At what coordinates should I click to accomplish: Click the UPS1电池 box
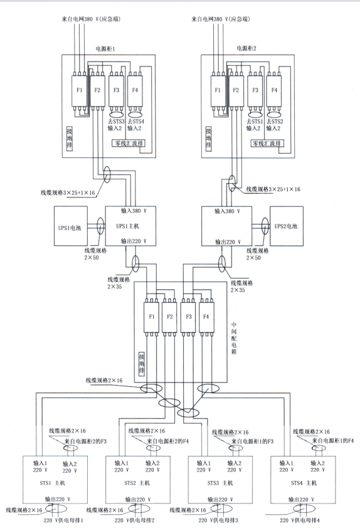(71, 226)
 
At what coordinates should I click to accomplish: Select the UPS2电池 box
(286, 226)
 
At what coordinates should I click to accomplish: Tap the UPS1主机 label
(128, 226)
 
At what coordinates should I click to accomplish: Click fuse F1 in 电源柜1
(79, 90)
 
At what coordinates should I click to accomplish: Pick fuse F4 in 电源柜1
(135, 90)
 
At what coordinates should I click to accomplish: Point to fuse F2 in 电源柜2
(236, 90)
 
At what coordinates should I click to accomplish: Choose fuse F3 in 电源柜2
(255, 90)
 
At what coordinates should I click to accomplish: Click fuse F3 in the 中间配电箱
(189, 317)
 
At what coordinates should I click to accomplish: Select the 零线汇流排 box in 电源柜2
(267, 144)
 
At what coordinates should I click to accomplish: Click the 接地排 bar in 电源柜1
(70, 139)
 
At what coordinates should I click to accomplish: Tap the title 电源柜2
(246, 48)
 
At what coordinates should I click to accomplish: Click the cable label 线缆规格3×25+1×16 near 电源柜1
(68, 193)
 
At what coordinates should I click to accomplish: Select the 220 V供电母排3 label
(218, 520)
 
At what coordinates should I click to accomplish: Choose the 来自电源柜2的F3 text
(85, 441)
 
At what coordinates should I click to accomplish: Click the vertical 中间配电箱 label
(234, 338)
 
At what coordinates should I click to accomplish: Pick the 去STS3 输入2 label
(116, 125)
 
